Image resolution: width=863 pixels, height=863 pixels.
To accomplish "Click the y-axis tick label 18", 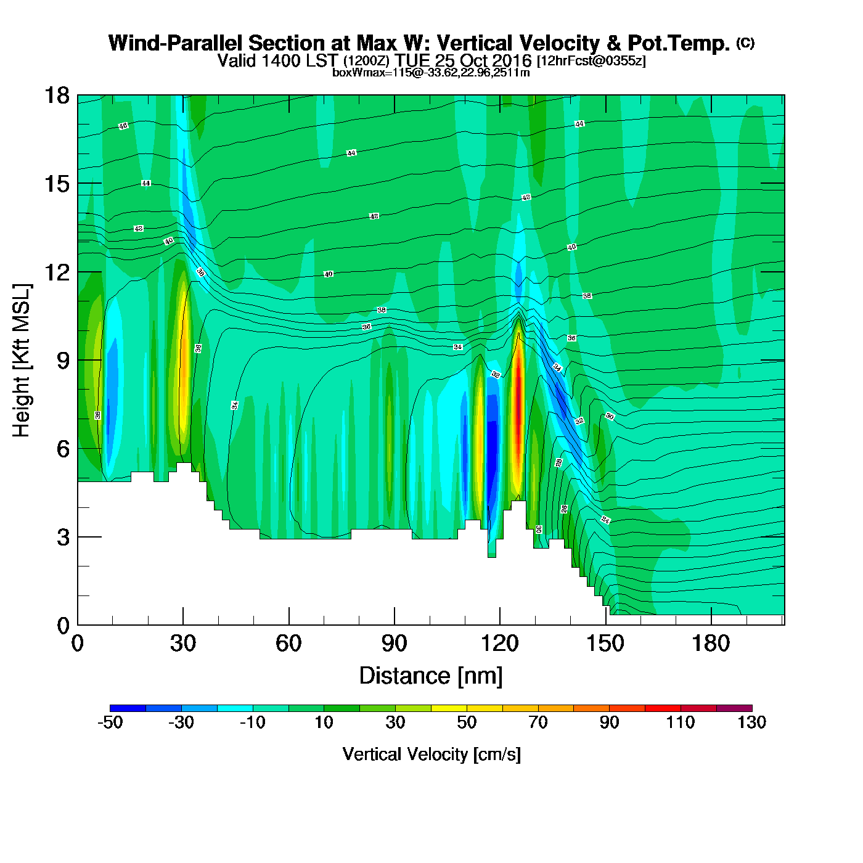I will (56, 96).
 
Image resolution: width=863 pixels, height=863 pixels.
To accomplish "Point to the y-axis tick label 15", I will (56, 184).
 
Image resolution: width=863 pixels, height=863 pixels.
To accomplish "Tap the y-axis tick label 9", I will (63, 361).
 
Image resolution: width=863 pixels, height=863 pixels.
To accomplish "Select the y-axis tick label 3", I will (63, 538).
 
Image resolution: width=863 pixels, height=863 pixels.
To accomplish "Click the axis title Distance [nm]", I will (431, 676).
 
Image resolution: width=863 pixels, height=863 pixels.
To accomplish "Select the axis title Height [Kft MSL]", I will (22, 361).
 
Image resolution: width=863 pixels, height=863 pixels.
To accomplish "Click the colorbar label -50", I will (110, 722).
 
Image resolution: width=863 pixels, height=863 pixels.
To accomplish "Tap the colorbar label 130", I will (751, 722).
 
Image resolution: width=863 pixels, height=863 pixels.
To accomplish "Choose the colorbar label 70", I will (538, 722).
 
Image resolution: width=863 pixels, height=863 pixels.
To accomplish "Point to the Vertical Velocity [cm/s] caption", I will (431, 755).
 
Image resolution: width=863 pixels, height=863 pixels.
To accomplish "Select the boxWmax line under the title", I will (431, 73).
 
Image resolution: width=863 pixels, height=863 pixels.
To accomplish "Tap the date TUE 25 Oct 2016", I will (463, 60).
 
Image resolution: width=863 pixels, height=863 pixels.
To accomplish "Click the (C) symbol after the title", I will (745, 43).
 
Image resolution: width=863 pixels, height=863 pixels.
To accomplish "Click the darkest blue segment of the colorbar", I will (128, 708).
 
